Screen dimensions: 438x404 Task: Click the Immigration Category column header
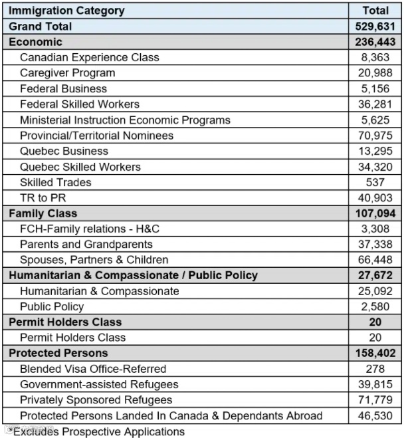66,11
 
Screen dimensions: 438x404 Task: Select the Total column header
375,11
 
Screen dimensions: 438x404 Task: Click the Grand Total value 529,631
375,27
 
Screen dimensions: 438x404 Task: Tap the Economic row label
35,42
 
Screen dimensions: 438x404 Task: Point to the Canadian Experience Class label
89,57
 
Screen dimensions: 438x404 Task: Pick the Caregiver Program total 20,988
375,73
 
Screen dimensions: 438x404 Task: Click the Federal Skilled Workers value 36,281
375,104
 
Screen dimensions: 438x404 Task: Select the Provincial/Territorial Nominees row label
96,136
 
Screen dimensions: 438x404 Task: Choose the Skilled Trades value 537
375,182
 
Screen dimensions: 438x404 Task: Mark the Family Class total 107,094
375,213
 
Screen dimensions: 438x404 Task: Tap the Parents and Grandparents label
86,244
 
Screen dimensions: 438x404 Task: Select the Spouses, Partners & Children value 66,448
375,260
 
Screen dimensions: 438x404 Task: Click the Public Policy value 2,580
375,306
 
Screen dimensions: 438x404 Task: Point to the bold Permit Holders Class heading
64,322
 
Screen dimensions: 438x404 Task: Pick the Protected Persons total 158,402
375,353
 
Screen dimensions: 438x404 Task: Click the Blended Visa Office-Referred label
92,368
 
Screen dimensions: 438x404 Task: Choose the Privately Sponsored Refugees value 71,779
375,400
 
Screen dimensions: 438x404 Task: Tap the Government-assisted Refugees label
99,384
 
